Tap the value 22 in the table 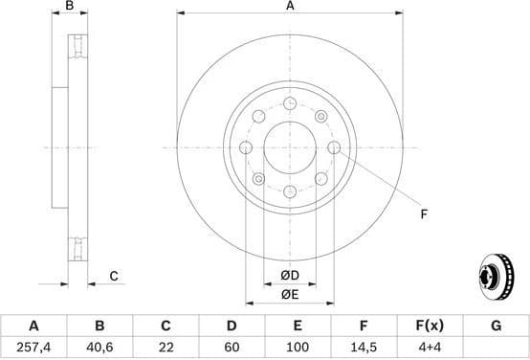pos(166,347)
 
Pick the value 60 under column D pos(232,347)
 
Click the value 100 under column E pos(298,347)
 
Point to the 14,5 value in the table pos(364,347)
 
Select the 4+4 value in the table pos(430,347)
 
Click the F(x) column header pos(430,326)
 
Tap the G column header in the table pos(496,326)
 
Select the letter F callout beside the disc pos(423,214)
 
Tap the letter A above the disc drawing pos(290,7)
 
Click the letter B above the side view pos(68,7)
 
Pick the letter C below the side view pos(113,277)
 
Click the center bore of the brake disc pos(290,147)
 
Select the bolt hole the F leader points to pos(334,147)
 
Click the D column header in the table pos(232,326)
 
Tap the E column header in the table pos(298,326)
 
